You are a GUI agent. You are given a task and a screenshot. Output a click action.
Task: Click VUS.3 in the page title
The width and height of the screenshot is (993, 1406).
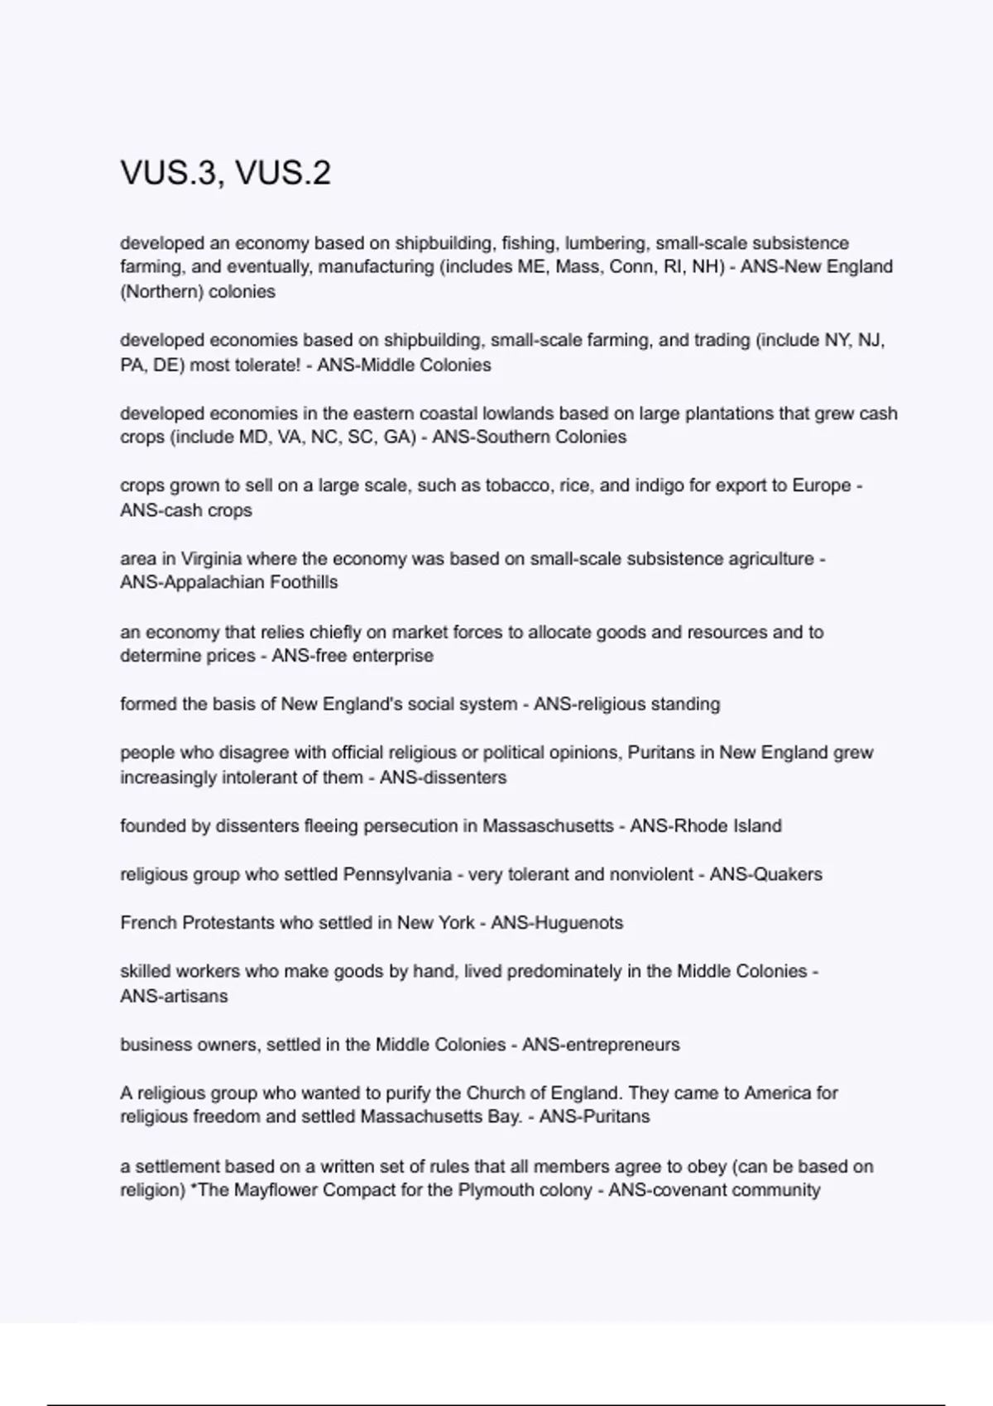[x=169, y=173]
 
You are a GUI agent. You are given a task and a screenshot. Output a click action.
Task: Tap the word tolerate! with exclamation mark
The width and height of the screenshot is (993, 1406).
[x=262, y=365]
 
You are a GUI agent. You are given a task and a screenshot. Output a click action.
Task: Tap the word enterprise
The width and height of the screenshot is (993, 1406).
[x=392, y=656]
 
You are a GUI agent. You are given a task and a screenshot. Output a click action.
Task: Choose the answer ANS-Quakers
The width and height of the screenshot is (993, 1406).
[x=765, y=875]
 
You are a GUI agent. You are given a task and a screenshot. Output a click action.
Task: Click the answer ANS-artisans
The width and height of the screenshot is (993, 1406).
[x=173, y=997]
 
